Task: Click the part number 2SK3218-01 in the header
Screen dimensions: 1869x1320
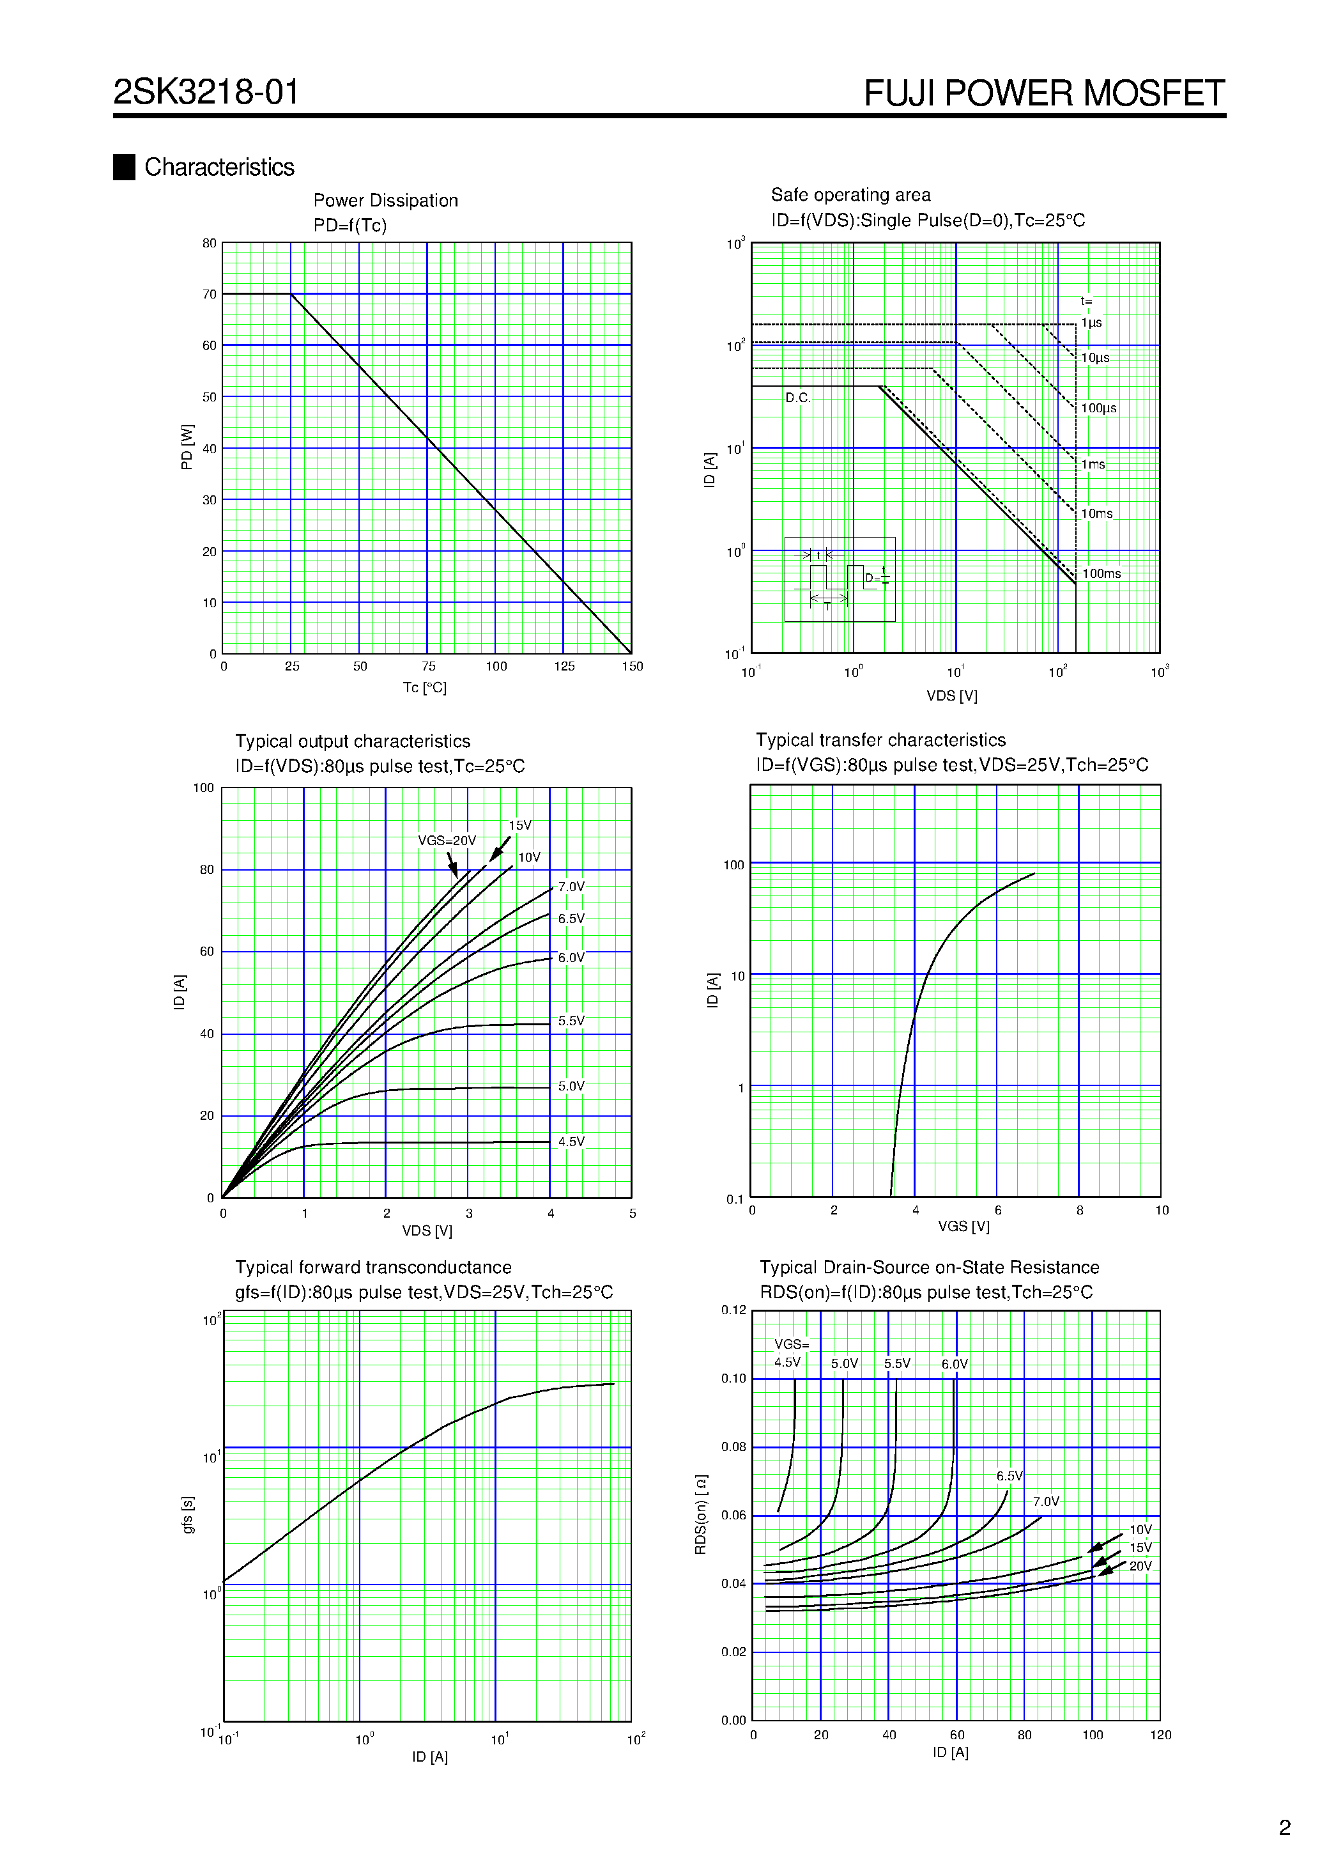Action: click(206, 92)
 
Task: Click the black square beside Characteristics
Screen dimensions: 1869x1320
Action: click(124, 167)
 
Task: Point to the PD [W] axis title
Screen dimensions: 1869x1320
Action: click(187, 447)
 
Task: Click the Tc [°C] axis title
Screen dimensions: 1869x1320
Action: click(424, 688)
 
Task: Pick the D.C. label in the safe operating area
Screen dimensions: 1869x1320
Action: click(797, 398)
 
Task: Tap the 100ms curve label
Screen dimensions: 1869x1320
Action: click(1101, 574)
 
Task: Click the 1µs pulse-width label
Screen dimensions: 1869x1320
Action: click(1091, 323)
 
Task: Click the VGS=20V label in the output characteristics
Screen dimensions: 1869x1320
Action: click(446, 841)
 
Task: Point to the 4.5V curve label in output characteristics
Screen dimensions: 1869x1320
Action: click(571, 1142)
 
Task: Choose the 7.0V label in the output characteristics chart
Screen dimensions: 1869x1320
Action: click(571, 887)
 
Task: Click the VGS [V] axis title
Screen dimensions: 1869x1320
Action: click(963, 1227)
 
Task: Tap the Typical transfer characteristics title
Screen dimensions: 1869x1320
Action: click(880, 740)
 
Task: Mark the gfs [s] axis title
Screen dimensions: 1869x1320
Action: click(188, 1514)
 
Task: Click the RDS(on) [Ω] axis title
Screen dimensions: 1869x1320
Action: click(701, 1514)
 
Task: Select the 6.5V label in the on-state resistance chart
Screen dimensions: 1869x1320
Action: click(1009, 1476)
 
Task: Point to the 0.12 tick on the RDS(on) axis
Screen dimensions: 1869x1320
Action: click(733, 1310)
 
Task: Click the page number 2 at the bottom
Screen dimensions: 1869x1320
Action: click(1284, 1828)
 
